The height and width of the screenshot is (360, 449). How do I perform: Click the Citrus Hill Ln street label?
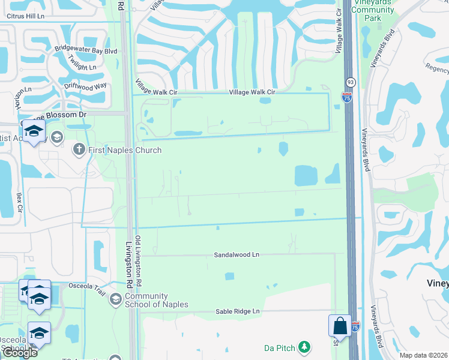point(23,17)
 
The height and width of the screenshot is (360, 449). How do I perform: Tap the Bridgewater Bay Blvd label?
point(85,51)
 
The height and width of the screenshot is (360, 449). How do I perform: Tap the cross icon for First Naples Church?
point(79,149)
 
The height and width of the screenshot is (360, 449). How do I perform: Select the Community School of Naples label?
point(156,300)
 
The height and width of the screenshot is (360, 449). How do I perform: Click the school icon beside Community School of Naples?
point(115,299)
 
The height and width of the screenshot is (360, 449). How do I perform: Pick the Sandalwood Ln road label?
point(237,255)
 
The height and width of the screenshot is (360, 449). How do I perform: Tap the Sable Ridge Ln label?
point(237,311)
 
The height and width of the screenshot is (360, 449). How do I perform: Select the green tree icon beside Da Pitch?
point(305,347)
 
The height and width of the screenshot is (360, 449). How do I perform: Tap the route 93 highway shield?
point(349,81)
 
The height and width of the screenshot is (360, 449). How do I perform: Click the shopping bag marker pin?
point(340,326)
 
